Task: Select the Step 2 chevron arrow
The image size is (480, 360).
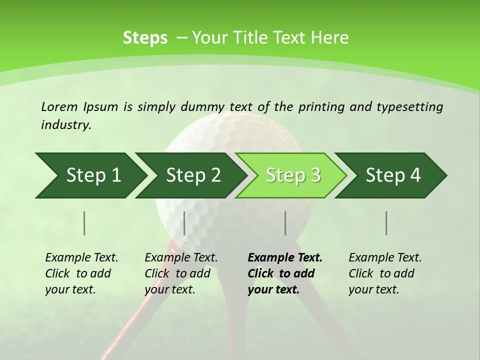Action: pos(193,175)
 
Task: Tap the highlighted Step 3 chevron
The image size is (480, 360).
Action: pos(293,175)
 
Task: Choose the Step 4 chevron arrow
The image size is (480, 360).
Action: pos(393,175)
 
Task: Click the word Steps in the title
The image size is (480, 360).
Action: pos(145,38)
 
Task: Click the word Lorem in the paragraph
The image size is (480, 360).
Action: pos(59,106)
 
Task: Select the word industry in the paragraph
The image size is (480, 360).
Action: pos(66,125)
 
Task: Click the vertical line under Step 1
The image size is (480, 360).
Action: pos(84,223)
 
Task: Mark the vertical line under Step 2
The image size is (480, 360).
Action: pos(184,223)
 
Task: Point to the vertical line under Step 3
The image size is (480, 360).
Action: pos(285,223)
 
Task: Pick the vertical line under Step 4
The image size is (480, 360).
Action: pos(386,223)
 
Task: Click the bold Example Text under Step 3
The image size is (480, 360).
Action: pos(285,258)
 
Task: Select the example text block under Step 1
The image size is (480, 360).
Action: pos(81,273)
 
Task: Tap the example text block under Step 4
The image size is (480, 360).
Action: pos(384,273)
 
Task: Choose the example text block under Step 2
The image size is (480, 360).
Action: pos(180,273)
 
